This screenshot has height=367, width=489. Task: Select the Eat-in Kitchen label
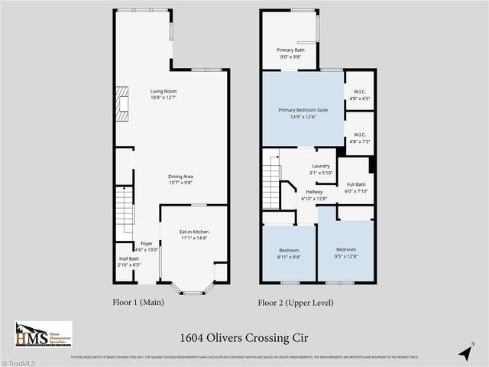[193, 235]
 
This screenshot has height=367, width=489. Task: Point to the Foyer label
[146, 246]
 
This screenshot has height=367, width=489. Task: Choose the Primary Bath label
[290, 53]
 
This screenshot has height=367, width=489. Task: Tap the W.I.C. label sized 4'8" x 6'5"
[360, 95]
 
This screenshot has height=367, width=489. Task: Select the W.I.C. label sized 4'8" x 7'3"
[360, 138]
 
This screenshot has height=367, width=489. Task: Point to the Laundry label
[321, 169]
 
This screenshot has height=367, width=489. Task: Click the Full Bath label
[356, 187]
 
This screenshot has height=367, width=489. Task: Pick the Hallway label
[314, 195]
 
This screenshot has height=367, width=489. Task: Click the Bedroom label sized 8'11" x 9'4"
[288, 253]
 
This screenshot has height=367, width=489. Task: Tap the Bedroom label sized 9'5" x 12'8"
[346, 253]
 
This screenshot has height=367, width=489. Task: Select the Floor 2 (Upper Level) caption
[296, 303]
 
